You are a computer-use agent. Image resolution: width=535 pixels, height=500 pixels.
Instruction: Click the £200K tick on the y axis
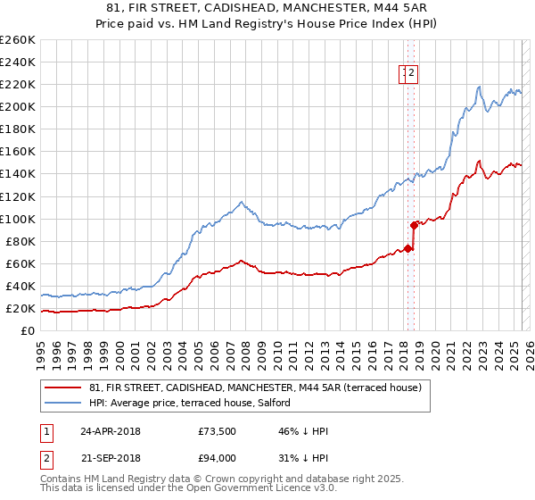(x=18, y=106)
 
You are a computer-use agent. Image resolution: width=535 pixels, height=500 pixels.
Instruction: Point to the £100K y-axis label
(x=18, y=219)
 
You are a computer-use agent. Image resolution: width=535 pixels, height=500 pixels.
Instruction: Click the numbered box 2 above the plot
(x=414, y=74)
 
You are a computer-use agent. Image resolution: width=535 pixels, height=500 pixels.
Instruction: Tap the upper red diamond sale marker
(x=414, y=225)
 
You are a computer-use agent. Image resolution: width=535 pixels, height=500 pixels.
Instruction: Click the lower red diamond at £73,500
(x=407, y=248)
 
